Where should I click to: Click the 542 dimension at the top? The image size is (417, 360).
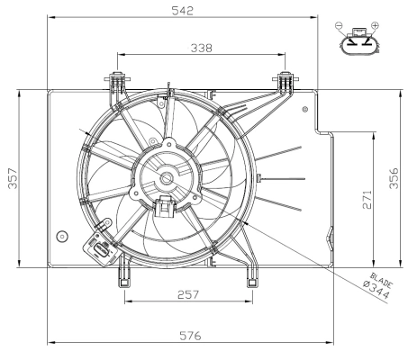(x=185, y=10)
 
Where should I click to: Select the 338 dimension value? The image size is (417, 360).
(x=201, y=48)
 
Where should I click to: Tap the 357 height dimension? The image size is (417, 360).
(x=11, y=178)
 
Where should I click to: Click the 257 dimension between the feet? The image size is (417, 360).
(x=187, y=295)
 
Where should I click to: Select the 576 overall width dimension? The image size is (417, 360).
(x=189, y=336)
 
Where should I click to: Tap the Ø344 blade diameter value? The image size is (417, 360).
(x=376, y=291)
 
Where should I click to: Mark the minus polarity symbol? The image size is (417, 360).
(x=339, y=26)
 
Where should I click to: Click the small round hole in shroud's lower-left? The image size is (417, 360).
(x=62, y=236)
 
